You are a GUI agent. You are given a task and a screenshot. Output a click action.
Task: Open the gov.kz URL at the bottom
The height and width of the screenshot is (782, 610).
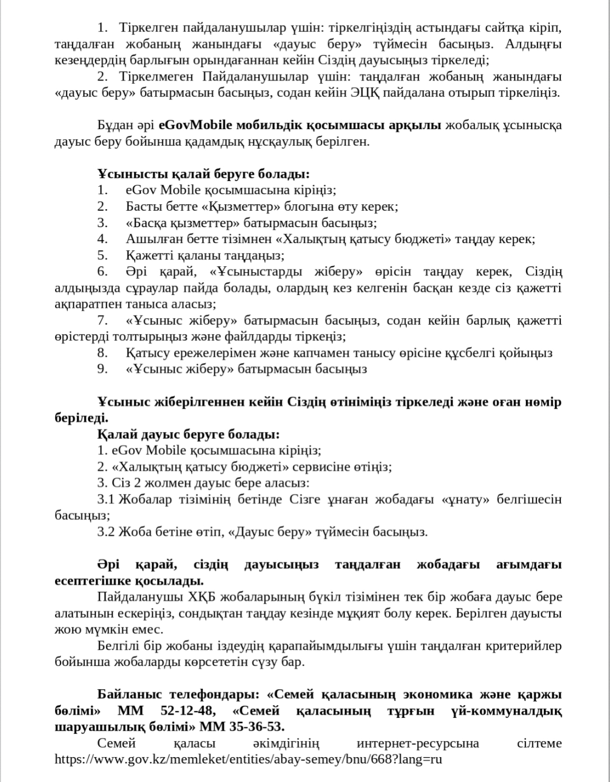[248, 759]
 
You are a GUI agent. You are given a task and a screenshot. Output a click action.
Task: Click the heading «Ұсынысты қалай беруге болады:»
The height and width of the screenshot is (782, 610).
[204, 174]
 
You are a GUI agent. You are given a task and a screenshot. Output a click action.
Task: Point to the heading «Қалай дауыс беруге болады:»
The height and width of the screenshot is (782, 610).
[188, 435]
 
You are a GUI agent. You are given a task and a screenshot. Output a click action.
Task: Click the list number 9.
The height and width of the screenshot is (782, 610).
[102, 369]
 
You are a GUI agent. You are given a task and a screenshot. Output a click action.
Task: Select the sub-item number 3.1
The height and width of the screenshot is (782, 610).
[105, 499]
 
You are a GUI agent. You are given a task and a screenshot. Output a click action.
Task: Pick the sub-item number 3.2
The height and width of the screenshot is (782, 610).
[105, 532]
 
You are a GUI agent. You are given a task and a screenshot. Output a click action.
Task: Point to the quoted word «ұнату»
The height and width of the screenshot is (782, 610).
[468, 499]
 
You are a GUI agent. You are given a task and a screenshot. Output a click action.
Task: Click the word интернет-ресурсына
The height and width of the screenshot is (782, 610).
[418, 743]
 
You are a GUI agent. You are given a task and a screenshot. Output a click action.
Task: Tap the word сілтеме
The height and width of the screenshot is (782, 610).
[539, 743]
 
